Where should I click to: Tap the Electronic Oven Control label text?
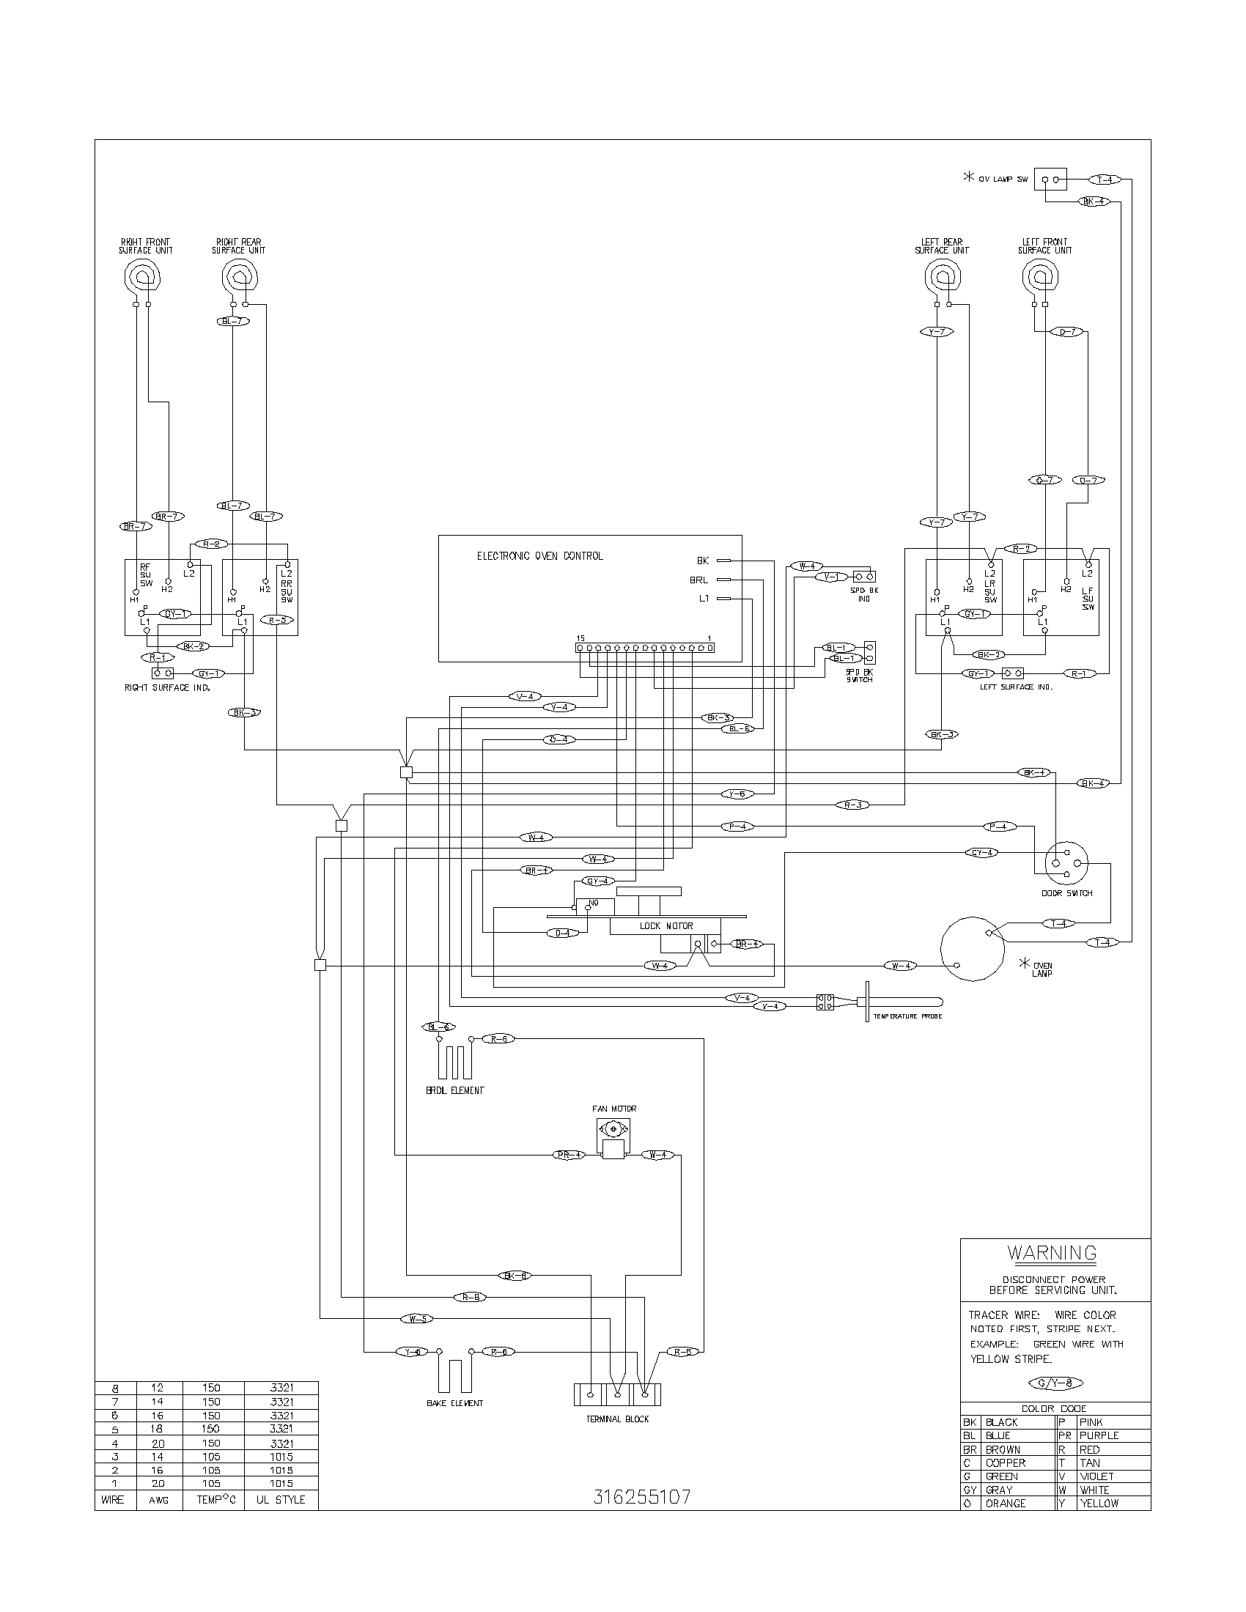coord(539,556)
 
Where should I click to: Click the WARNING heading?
coord(1052,1252)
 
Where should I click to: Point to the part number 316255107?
coord(642,1497)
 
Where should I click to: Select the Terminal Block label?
coord(617,1419)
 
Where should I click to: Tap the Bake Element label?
coord(454,1402)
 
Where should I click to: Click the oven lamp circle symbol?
coord(973,949)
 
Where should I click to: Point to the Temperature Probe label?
coord(907,1016)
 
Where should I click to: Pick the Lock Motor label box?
coord(666,925)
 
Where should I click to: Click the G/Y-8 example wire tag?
coord(1055,1383)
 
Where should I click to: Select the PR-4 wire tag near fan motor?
coord(569,1154)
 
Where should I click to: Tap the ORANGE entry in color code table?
coord(1005,1504)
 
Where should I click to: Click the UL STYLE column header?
coord(281,1500)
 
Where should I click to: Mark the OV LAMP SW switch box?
coord(1050,180)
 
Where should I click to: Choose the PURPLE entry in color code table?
coord(1099,1435)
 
